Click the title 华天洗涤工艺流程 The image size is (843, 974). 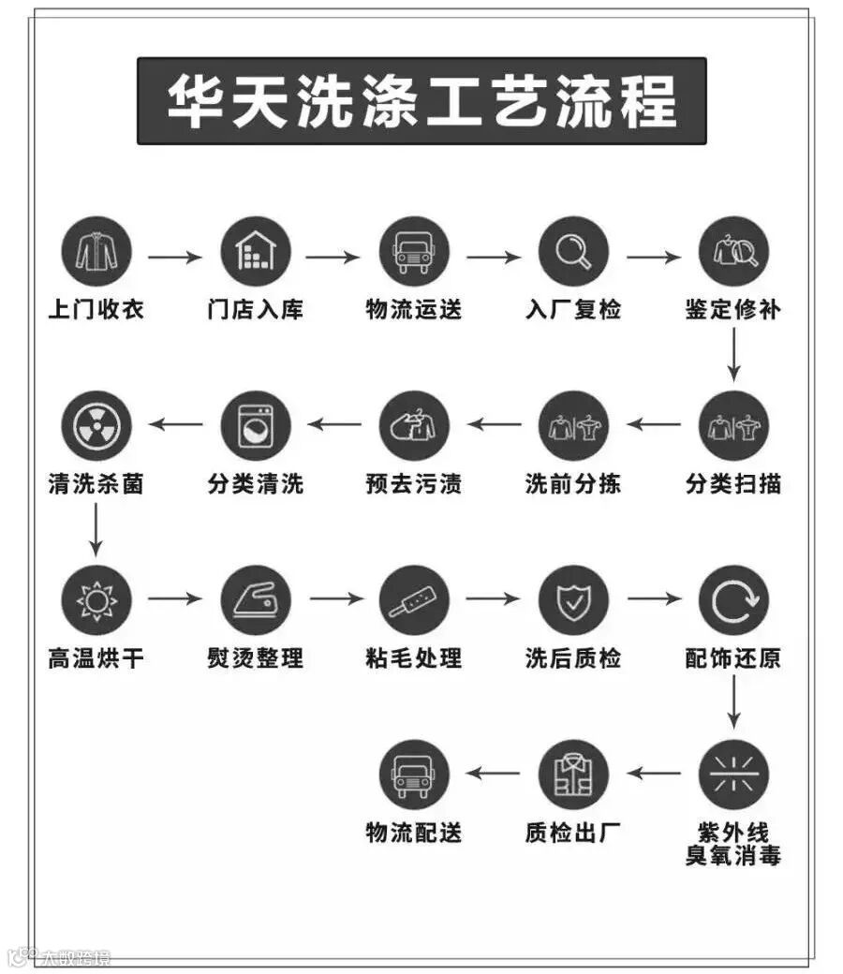[x=421, y=100]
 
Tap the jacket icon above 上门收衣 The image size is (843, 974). [x=96, y=251]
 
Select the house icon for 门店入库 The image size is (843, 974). [x=256, y=251]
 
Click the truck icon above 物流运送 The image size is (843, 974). [x=414, y=251]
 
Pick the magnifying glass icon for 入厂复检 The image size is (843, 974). [x=573, y=251]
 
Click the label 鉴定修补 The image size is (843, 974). [x=733, y=309]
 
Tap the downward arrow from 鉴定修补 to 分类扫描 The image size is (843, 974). [x=733, y=356]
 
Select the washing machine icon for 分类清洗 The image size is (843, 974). [x=256, y=425]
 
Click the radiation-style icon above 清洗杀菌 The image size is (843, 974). [x=96, y=425]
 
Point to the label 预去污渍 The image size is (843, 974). [x=414, y=484]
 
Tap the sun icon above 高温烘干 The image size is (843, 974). [x=96, y=600]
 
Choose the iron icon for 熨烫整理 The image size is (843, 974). [x=256, y=600]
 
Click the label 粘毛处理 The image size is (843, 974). [x=414, y=658]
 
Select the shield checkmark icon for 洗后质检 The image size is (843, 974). [x=573, y=600]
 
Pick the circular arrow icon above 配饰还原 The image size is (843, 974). [x=733, y=600]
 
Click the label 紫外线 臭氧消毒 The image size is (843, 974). [x=733, y=844]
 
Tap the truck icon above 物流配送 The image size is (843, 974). [x=414, y=775]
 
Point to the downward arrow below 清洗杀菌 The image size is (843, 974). [x=96, y=529]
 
